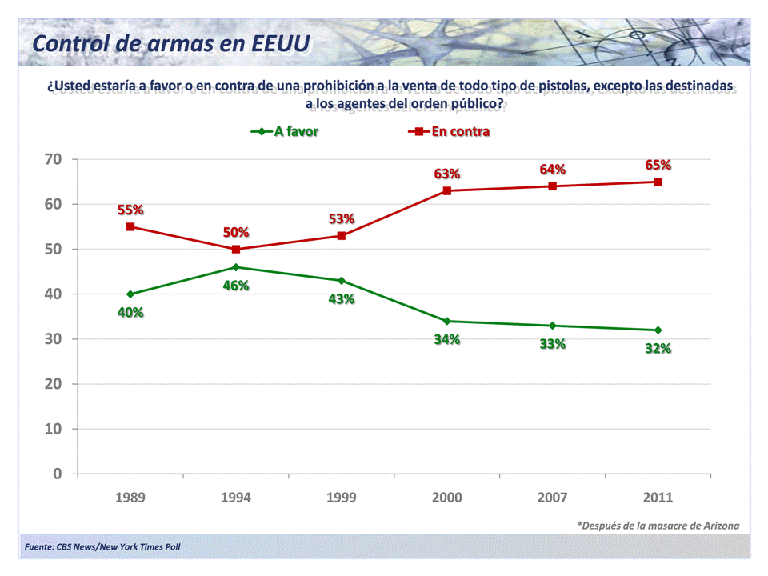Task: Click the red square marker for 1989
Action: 130,226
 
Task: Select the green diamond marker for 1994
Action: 236,267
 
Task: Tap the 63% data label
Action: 447,174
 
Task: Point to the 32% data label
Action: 658,348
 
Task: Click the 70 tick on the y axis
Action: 53,159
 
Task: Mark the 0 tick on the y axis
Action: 58,474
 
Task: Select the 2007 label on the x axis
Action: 553,498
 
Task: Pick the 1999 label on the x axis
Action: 342,498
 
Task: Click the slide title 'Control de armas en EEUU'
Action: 170,43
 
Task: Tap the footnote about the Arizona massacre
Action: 658,526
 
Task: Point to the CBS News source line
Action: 102,547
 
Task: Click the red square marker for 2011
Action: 658,182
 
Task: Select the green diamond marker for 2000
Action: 447,321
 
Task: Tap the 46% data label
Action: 236,286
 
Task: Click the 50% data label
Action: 236,232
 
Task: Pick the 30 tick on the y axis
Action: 53,339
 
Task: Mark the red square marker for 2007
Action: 553,186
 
